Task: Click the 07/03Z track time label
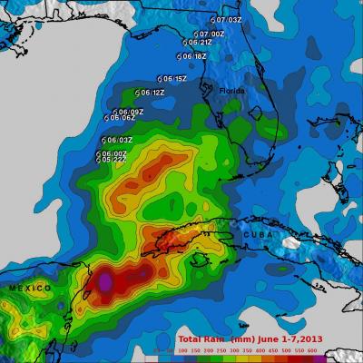pyautogui.click(x=228, y=19)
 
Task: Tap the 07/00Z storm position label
pyautogui.click(x=212, y=34)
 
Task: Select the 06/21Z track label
pyautogui.click(x=200, y=42)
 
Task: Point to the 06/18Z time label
pyautogui.click(x=193, y=56)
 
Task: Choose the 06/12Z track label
pyautogui.click(x=152, y=93)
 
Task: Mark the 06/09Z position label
pyautogui.click(x=131, y=112)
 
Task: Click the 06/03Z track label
pyautogui.click(x=120, y=140)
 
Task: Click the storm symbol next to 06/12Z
pyautogui.click(x=136, y=93)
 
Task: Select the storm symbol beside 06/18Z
pyautogui.click(x=178, y=56)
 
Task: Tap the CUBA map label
pyautogui.click(x=256, y=234)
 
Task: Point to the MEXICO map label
pyautogui.click(x=25, y=288)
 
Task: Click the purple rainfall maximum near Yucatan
pyautogui.click(x=105, y=282)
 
